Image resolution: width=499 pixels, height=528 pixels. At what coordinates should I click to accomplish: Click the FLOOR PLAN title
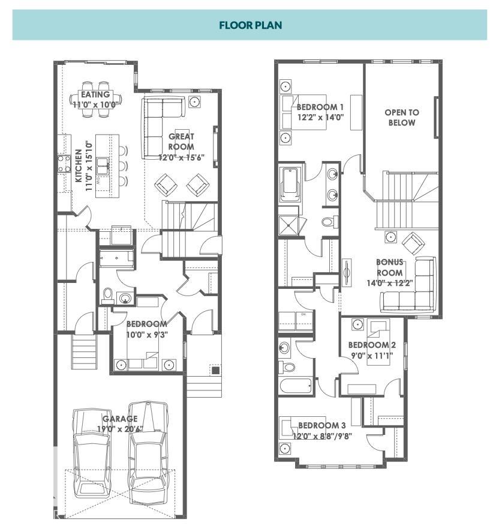[x=249, y=25]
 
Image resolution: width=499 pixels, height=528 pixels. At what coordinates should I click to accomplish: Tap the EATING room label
[x=95, y=94]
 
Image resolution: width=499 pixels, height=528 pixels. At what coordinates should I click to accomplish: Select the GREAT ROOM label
[x=181, y=141]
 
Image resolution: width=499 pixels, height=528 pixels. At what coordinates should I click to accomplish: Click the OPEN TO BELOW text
[x=401, y=117]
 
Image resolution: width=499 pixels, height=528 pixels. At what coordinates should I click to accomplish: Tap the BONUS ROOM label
[x=389, y=267]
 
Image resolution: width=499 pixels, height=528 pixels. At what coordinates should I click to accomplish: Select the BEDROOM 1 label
[x=320, y=108]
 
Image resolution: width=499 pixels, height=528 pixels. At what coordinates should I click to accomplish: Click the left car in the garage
[x=91, y=451]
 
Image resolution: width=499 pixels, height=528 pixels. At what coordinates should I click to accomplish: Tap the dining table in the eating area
[x=96, y=96]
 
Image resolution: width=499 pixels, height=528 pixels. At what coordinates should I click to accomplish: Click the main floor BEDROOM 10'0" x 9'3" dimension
[x=146, y=335]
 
